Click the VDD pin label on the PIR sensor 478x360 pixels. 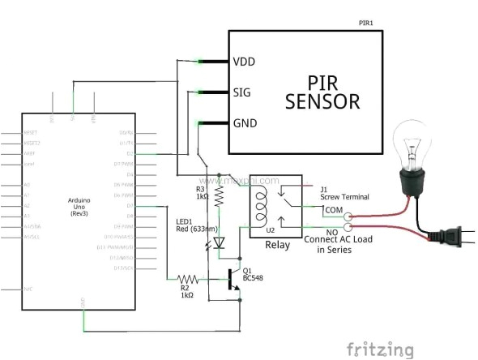pyautogui.click(x=245, y=62)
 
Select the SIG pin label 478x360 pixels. pyautogui.click(x=242, y=92)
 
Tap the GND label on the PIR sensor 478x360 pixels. pyautogui.click(x=245, y=123)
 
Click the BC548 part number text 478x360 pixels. pyautogui.click(x=251, y=279)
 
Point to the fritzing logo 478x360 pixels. pyautogui.click(x=379, y=349)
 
